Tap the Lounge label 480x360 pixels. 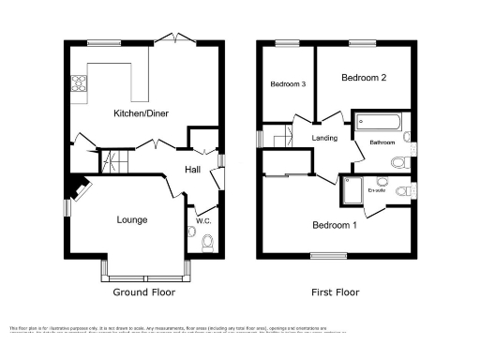pyautogui.click(x=131, y=220)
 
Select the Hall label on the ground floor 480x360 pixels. pyautogui.click(x=192, y=170)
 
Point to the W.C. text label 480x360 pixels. pyautogui.click(x=202, y=221)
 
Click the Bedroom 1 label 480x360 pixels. pyautogui.click(x=334, y=226)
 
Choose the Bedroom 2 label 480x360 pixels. pyautogui.click(x=364, y=78)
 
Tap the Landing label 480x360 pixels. pyautogui.click(x=324, y=139)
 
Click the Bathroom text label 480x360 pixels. pyautogui.click(x=382, y=143)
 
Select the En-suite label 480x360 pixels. pyautogui.click(x=379, y=190)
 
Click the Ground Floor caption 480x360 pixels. pyautogui.click(x=144, y=292)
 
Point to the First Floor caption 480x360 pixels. pyautogui.click(x=335, y=292)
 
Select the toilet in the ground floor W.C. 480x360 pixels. pyautogui.click(x=207, y=242)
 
